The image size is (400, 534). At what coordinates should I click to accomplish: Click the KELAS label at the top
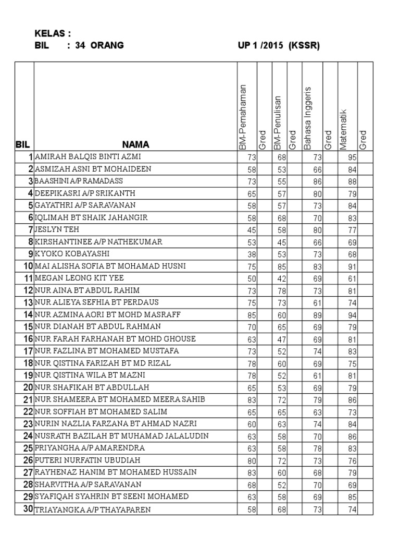click(52, 34)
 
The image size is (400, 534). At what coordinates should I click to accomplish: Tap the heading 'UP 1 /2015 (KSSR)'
click(278, 45)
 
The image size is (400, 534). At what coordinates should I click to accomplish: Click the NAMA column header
click(136, 144)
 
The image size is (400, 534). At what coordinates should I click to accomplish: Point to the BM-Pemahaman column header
click(243, 117)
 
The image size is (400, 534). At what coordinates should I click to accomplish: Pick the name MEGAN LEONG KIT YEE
click(79, 278)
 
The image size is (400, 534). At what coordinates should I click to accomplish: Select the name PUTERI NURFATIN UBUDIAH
click(87, 460)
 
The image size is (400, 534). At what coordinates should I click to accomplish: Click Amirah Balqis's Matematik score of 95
click(351, 157)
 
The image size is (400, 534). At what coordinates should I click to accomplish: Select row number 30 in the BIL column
click(27, 509)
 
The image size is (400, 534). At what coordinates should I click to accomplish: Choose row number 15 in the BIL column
click(27, 327)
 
